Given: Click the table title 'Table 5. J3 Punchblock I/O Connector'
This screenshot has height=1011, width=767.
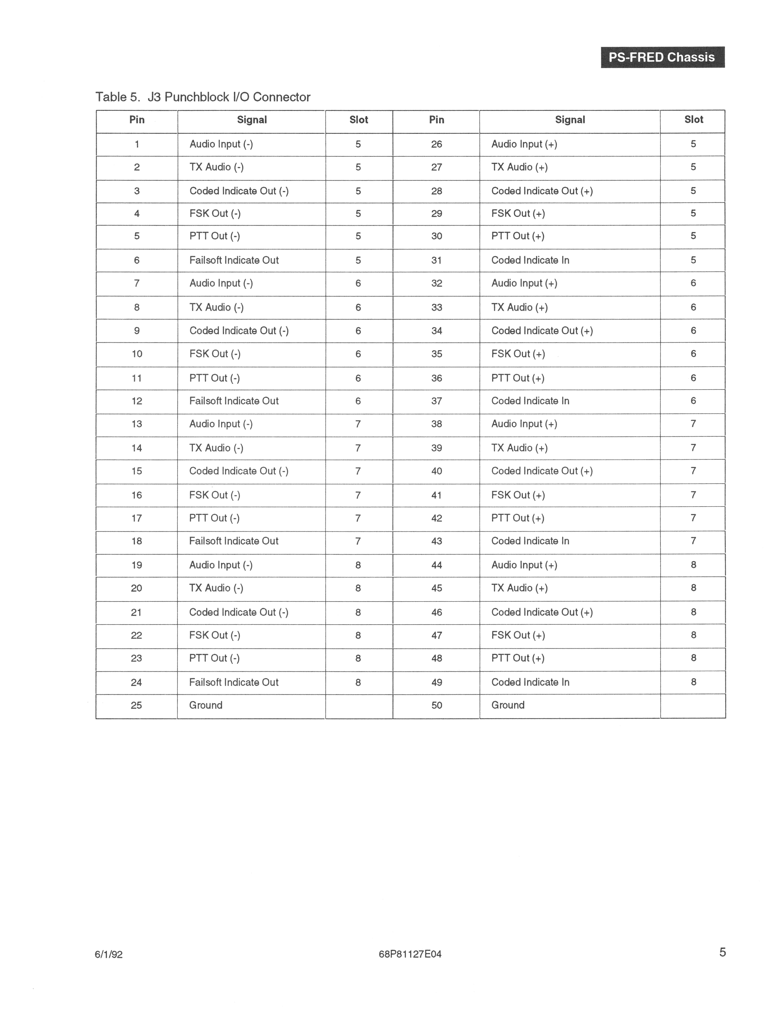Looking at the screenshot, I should (203, 97).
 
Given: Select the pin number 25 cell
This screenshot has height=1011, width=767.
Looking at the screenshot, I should (136, 705).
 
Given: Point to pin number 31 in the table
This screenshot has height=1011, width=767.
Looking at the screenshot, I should (436, 260).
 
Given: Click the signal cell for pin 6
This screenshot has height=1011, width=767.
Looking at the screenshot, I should (234, 260).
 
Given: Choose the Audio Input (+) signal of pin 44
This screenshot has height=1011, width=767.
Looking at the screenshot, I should (524, 565).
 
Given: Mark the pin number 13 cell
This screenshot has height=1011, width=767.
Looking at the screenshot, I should (136, 424).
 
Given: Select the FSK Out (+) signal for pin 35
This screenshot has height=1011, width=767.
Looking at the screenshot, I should (518, 354).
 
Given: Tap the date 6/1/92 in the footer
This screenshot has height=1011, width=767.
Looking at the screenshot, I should (109, 954).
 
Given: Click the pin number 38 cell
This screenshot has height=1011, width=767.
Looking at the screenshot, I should (436, 424).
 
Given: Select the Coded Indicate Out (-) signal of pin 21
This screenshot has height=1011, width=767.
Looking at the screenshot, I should (238, 612).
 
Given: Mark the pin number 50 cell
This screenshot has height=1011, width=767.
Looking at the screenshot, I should (436, 705).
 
